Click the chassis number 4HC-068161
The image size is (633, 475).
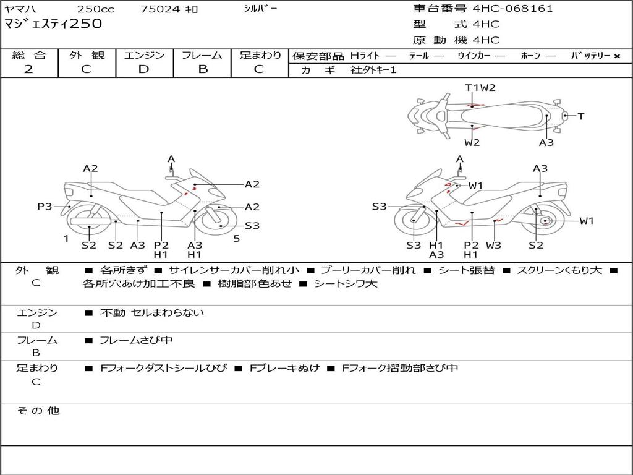point(512,9)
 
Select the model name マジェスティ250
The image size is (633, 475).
point(53,25)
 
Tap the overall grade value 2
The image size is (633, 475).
point(28,69)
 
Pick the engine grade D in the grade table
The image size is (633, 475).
point(144,69)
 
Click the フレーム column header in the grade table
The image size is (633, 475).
point(202,55)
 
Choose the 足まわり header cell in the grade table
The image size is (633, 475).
point(260,55)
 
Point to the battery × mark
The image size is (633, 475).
point(616,56)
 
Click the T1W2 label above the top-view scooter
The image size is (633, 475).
point(480,88)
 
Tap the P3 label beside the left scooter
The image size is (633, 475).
point(45,207)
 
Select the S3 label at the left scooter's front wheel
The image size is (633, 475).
point(252,226)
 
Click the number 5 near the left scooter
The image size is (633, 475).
point(236,239)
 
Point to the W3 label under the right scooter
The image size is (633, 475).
point(493,245)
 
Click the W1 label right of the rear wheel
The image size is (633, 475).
point(586,221)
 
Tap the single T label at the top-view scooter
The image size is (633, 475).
point(580,116)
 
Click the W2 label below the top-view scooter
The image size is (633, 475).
point(472,143)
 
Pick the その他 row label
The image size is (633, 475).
point(38,410)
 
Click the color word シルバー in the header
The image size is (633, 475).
point(260,9)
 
